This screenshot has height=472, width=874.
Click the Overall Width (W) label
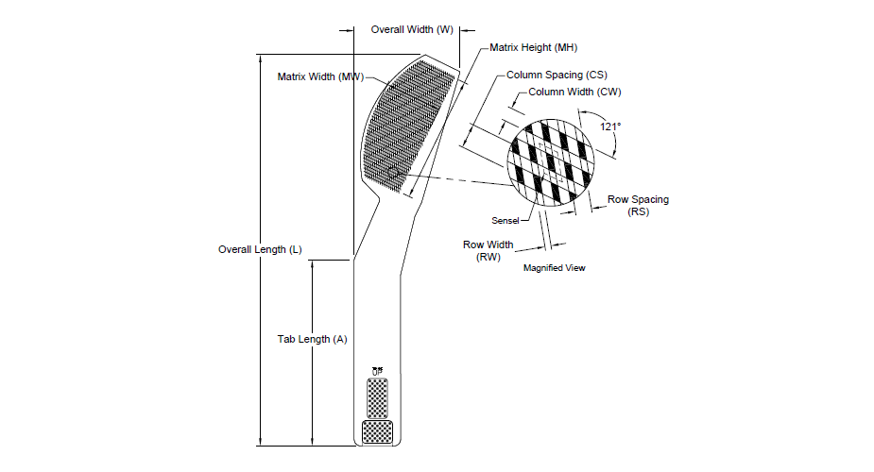coord(412,29)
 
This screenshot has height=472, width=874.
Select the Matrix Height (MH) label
coord(534,48)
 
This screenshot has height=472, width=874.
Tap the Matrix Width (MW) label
coord(320,76)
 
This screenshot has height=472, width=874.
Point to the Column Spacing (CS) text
coord(557,75)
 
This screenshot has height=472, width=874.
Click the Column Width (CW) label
coord(574,92)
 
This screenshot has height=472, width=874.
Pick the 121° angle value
coord(610,126)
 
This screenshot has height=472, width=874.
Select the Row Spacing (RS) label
coord(638,206)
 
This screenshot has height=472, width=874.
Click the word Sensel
coord(505,221)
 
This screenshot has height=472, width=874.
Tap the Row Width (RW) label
coord(488,250)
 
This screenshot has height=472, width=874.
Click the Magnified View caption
coord(554,268)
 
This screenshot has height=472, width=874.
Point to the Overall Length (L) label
coord(260,249)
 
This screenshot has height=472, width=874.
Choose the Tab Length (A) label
coord(312,339)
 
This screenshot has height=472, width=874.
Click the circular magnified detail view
coord(551,162)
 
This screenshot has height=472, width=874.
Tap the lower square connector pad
coord(377,432)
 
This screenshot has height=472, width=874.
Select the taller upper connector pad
coord(377,398)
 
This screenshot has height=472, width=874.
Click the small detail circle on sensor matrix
coord(393,173)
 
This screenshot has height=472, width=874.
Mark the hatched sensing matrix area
coord(408,126)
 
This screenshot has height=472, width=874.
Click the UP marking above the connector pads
coord(377,371)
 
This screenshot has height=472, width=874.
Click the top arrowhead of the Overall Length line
coord(260,59)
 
